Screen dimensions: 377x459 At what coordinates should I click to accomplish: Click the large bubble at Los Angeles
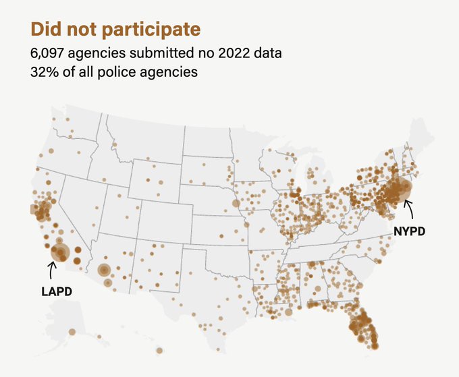click(61, 253)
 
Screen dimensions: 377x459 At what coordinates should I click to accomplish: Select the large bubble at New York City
click(403, 189)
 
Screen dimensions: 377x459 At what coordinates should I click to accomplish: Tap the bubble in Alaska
click(72, 332)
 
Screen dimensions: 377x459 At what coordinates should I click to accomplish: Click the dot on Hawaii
click(160, 349)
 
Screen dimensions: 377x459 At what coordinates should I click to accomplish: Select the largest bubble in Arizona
click(104, 270)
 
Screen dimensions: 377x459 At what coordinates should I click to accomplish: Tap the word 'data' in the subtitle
click(270, 52)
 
